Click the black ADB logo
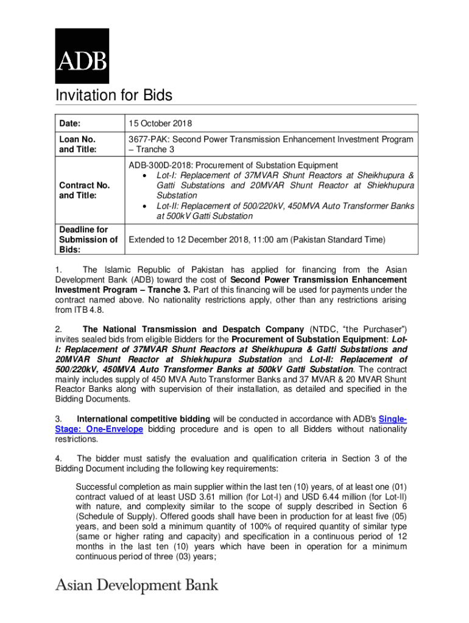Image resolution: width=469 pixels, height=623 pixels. [x=82, y=56]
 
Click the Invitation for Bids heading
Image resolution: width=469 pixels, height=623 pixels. [x=114, y=96]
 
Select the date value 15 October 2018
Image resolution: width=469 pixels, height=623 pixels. [x=160, y=124]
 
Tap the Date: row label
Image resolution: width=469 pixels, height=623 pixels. [x=70, y=124]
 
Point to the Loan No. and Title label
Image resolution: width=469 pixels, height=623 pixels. [x=77, y=144]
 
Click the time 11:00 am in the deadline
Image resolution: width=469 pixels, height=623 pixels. [x=267, y=240]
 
